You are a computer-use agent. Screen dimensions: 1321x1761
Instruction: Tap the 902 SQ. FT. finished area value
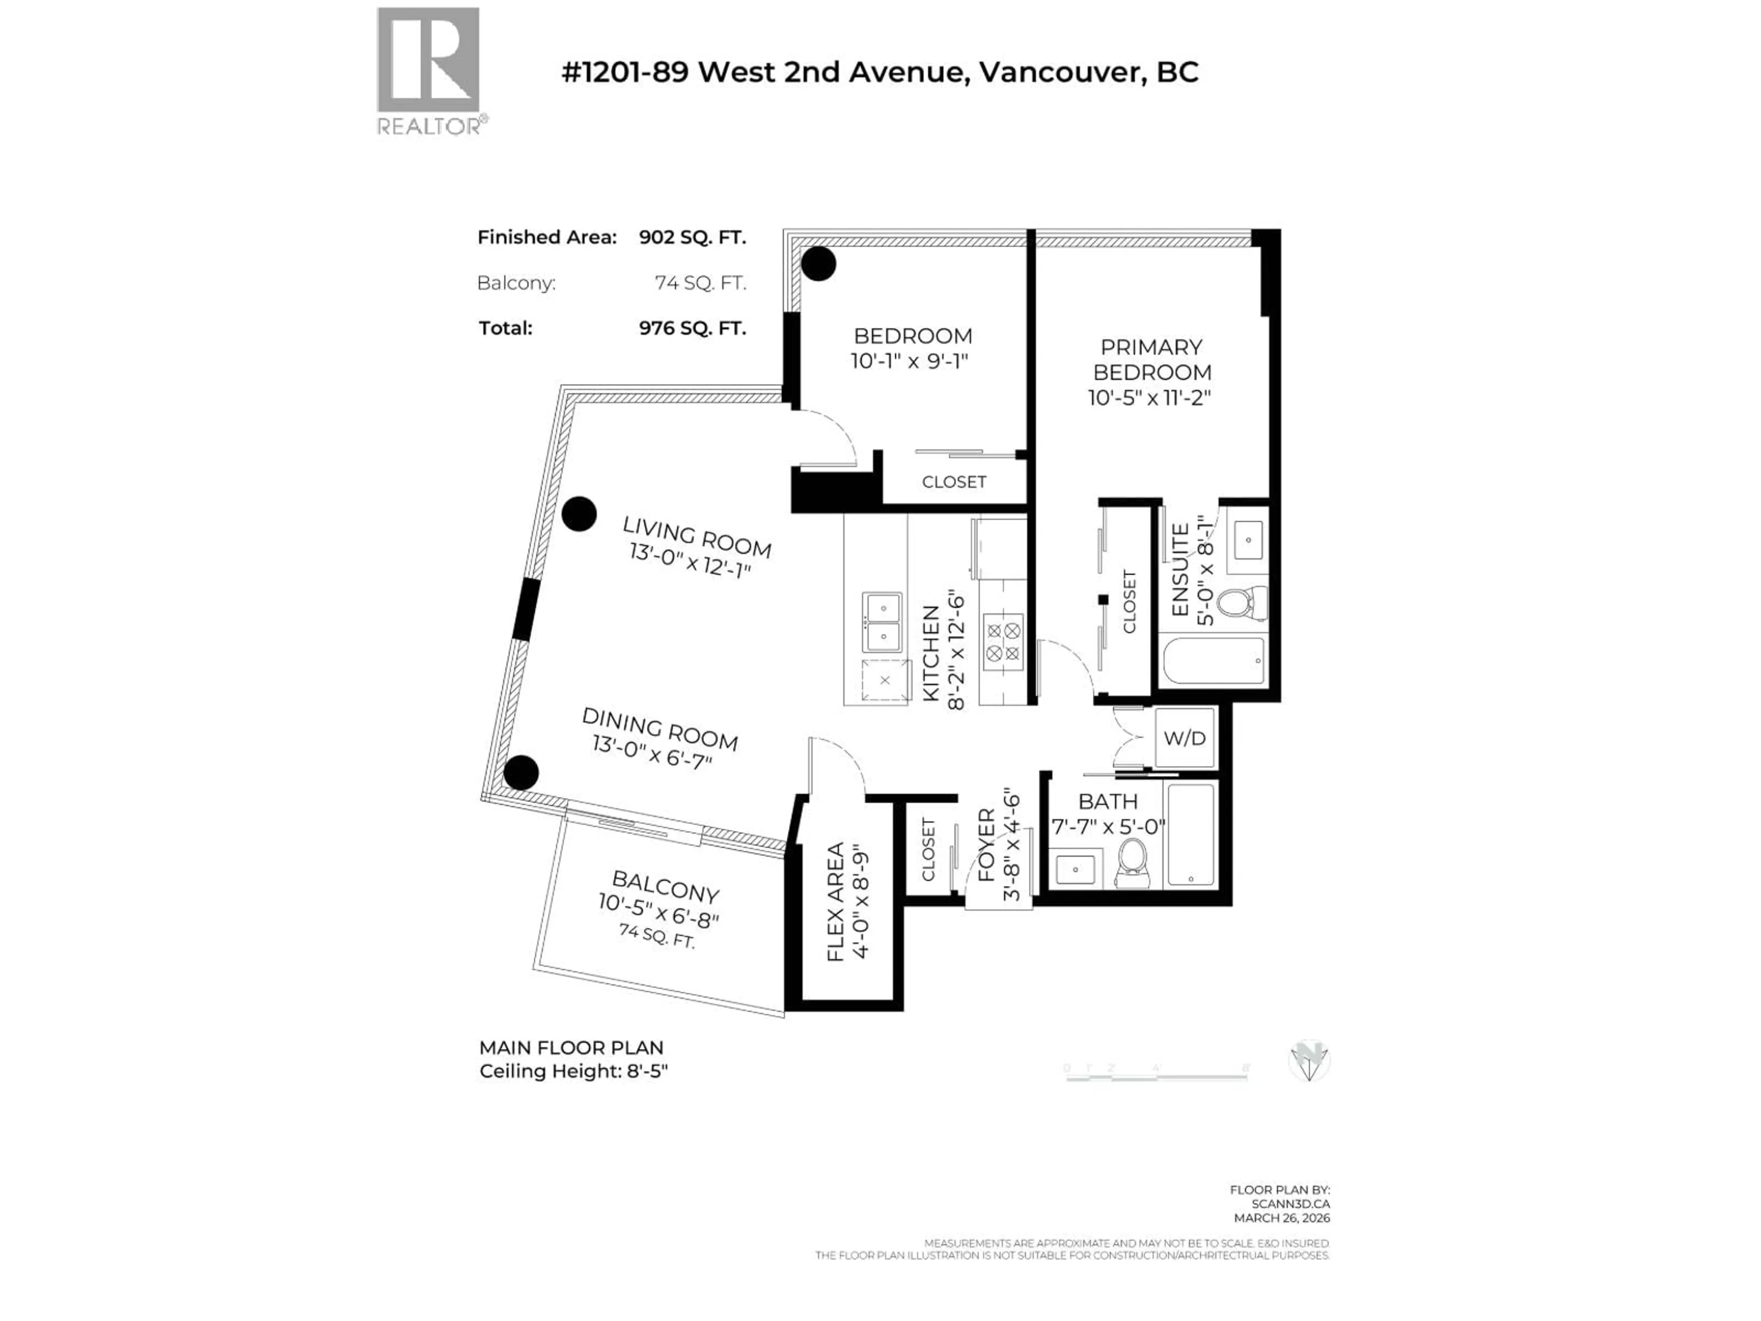[x=692, y=237]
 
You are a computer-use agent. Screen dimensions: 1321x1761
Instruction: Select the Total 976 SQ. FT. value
[x=692, y=328]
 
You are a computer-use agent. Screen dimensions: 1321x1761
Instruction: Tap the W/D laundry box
[x=1185, y=738]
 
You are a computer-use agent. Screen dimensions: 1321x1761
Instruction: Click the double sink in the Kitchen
[x=882, y=623]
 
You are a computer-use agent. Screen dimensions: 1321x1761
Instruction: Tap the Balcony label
[x=665, y=885]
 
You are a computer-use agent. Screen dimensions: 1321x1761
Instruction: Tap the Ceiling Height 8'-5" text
[x=573, y=1071]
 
